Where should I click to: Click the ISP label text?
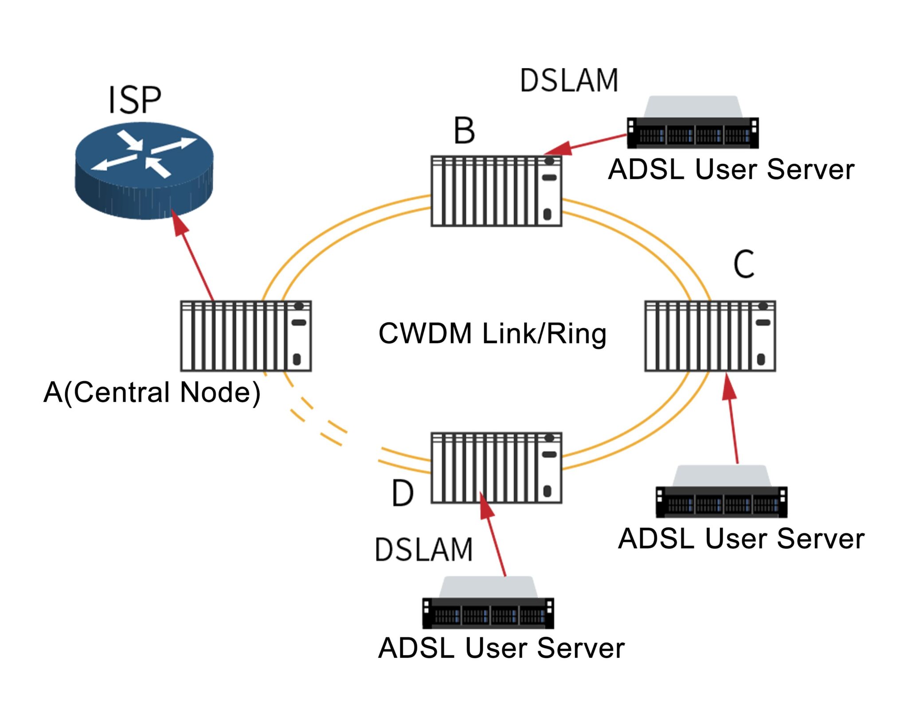tap(134, 100)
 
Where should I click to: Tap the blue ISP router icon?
tap(144, 171)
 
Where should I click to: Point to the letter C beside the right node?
tap(744, 264)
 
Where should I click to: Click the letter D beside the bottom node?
tap(403, 493)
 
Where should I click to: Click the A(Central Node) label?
tap(152, 392)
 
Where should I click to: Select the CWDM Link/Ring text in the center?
tap(492, 333)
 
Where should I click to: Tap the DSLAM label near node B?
tap(569, 81)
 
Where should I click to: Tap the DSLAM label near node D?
tap(424, 550)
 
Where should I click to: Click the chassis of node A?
tap(246, 336)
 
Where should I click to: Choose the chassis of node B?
tap(496, 191)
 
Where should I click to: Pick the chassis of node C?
tap(710, 336)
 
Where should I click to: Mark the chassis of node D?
tap(496, 468)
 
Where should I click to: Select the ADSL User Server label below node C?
tap(741, 539)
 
